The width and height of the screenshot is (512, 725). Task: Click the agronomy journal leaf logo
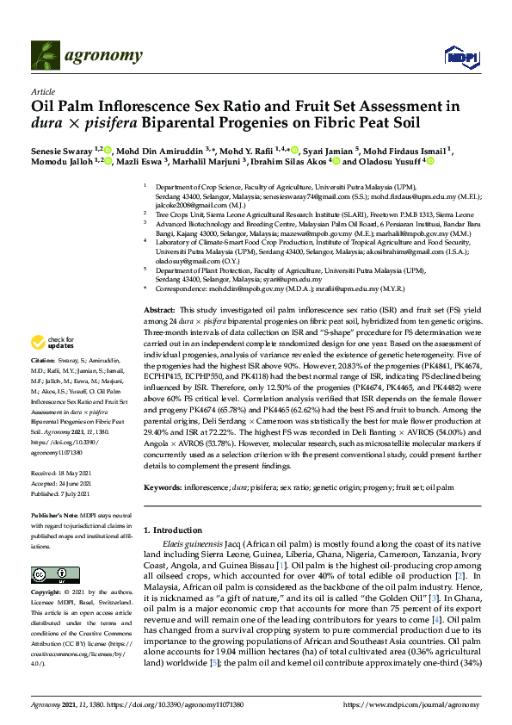(46, 56)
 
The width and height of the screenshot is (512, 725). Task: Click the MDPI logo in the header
(460, 57)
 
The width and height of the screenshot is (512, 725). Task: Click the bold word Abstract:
(158, 308)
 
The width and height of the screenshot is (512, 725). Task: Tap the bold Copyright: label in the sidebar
(47, 593)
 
